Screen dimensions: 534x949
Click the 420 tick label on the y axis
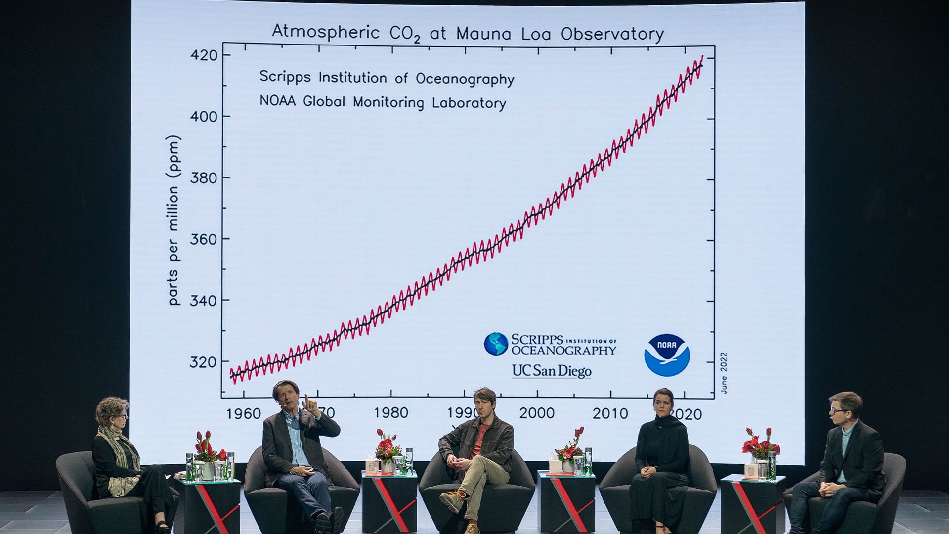204,55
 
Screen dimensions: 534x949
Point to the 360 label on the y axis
204,239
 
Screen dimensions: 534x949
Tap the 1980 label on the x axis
391,413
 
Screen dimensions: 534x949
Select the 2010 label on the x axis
610,413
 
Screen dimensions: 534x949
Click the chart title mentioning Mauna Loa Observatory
468,33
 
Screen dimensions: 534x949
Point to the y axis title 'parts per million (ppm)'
173,220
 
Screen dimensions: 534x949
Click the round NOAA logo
667,355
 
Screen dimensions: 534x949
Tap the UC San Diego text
552,371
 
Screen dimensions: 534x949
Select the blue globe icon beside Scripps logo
496,344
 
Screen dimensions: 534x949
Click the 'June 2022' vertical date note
724,373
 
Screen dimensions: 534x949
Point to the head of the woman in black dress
663,401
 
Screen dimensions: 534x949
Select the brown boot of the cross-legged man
452,501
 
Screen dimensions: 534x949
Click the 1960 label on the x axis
243,413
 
